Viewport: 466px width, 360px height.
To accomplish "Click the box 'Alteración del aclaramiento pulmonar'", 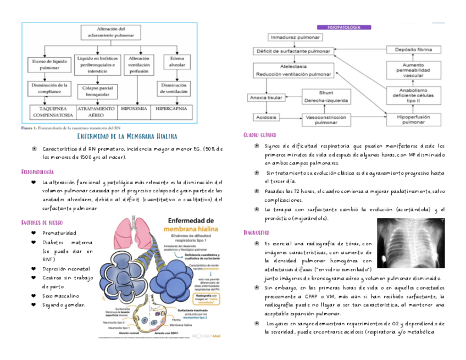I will [x=110, y=32].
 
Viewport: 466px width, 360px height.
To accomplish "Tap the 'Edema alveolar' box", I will [x=177, y=60].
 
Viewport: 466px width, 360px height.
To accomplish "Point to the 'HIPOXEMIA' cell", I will [x=133, y=109].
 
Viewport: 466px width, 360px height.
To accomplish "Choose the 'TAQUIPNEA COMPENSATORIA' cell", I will [x=53, y=112].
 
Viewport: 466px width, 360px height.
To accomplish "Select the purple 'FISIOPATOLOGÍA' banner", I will [x=344, y=27].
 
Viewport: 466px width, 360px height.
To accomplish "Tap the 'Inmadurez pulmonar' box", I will [x=295, y=37].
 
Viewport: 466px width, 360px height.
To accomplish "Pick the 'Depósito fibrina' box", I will [x=413, y=50].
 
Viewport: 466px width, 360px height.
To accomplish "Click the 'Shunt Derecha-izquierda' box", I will [x=326, y=97].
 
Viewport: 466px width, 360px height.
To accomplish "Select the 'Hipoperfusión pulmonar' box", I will [x=413, y=119].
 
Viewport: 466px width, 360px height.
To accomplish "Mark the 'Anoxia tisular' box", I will [x=266, y=97].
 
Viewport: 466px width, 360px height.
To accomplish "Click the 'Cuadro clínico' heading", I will [x=259, y=135].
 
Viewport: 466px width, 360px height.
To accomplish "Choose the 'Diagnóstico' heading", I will [x=256, y=232].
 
